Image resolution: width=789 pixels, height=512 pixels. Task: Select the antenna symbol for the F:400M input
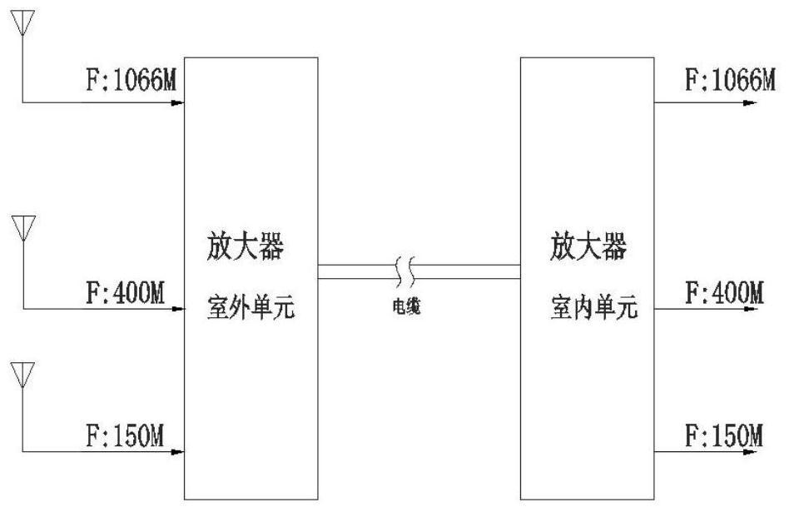point(22,226)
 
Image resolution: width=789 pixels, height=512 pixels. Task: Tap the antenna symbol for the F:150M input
point(22,374)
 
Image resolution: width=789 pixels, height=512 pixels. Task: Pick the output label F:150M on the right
point(723,434)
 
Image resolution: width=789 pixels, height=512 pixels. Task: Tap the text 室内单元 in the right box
point(593,311)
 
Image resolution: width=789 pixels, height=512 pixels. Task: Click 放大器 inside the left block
point(251,248)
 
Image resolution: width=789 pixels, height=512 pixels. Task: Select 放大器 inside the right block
point(588,246)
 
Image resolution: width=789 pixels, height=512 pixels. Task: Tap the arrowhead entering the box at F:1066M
point(177,103)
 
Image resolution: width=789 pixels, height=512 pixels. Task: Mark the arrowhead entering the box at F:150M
point(177,453)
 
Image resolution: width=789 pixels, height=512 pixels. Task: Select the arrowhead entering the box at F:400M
point(177,309)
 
